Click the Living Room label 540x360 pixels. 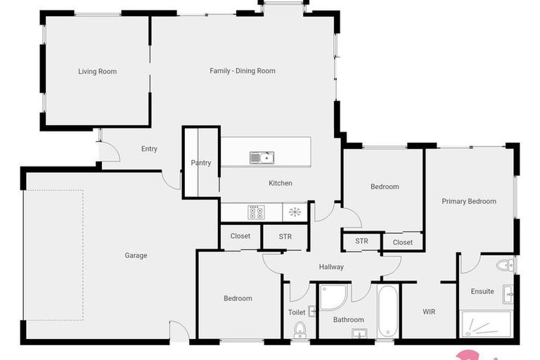click(97, 72)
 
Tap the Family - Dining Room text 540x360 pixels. click(243, 71)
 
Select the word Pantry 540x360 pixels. click(201, 163)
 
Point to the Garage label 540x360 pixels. click(136, 256)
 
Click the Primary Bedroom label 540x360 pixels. click(469, 202)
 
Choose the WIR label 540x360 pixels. click(429, 311)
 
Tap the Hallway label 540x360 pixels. click(331, 267)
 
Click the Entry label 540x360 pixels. click(149, 149)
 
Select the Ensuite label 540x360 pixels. click(482, 292)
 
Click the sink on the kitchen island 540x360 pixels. click(262, 157)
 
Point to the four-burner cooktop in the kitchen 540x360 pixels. click(256, 212)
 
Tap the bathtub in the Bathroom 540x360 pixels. click(387, 311)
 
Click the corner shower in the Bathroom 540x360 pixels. click(331, 297)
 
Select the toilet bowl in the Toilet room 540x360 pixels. click(300, 329)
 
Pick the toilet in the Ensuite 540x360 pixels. click(504, 265)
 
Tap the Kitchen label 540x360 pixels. click(281, 184)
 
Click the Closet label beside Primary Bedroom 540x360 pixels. click(403, 243)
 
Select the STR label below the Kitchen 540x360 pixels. click(285, 237)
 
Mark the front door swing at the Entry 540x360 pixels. click(107, 150)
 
